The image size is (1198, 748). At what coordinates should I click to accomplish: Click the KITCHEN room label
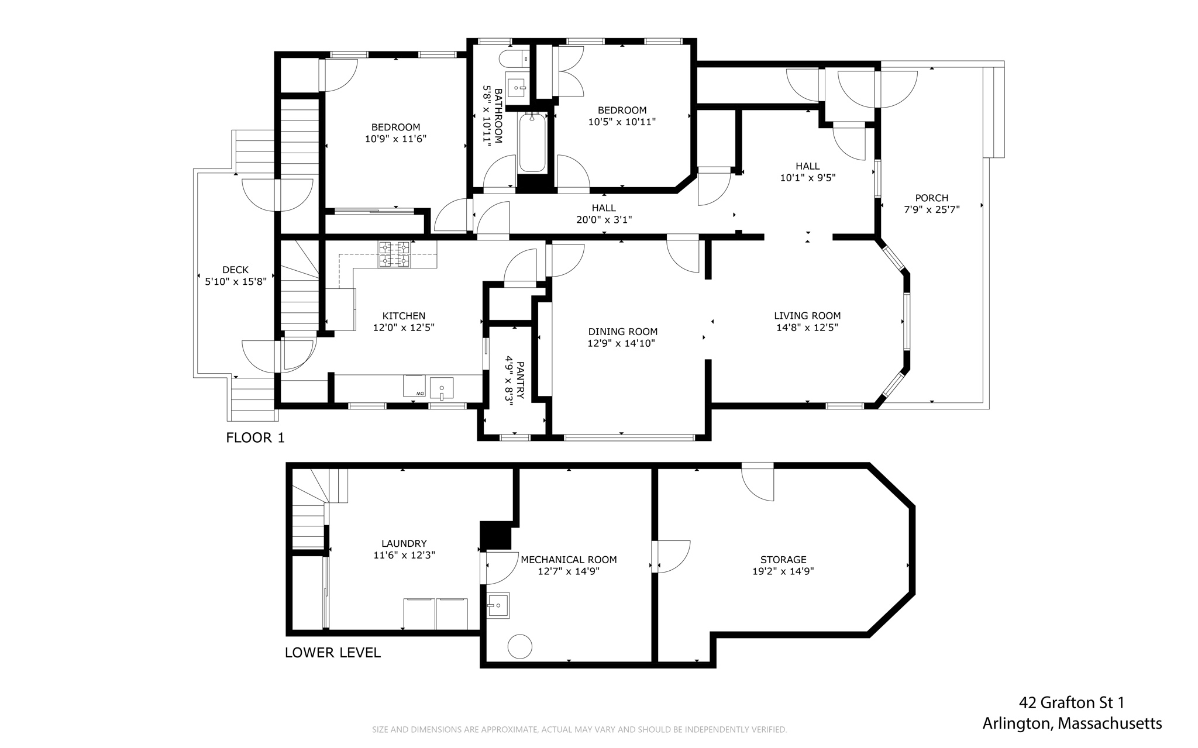[x=404, y=316]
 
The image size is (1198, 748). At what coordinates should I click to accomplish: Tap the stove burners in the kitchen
[x=394, y=254]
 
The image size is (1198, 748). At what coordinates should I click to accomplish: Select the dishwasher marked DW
[x=414, y=386]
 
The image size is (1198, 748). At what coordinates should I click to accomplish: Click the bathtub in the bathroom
[x=532, y=143]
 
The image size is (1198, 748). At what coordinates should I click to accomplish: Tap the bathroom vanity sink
[x=517, y=88]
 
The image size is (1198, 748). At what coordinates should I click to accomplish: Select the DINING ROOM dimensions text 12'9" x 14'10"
[x=621, y=343]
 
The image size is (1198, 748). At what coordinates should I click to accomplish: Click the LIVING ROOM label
[x=807, y=316]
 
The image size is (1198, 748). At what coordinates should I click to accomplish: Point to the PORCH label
[x=932, y=198]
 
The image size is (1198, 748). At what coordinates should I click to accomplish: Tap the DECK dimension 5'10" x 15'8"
[x=236, y=281]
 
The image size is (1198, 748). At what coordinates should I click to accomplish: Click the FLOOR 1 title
[x=256, y=437]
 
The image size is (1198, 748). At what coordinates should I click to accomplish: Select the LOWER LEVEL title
[x=333, y=653]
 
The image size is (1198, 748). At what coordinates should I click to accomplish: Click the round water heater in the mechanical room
[x=519, y=647]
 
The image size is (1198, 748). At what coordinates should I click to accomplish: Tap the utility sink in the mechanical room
[x=498, y=605]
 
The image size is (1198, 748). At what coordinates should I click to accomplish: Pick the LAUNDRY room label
[x=404, y=543]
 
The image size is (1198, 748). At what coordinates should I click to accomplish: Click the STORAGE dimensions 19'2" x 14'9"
[x=783, y=571]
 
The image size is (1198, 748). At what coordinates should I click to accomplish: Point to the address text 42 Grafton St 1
[x=1072, y=702]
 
